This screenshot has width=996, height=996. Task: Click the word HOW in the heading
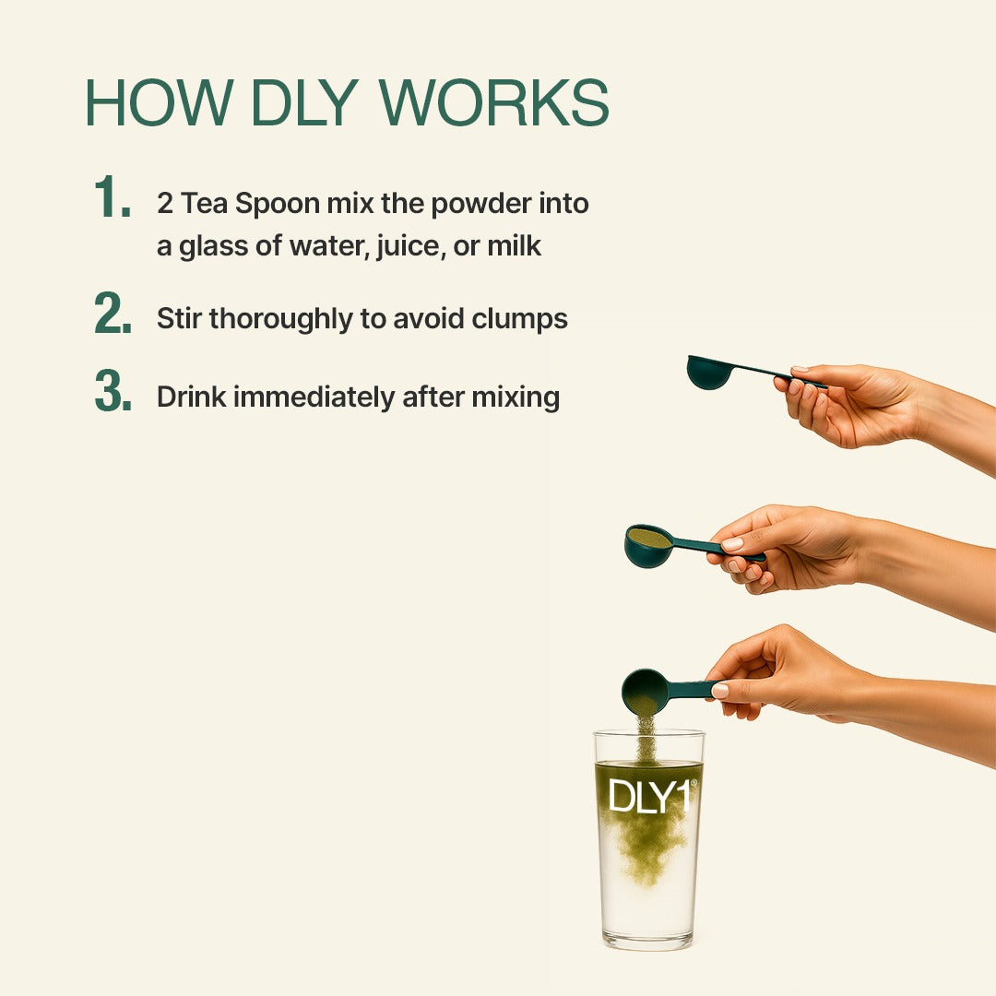pyautogui.click(x=159, y=102)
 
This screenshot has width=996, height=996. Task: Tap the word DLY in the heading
pyautogui.click(x=305, y=102)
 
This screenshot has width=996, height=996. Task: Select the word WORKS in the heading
pyautogui.click(x=494, y=102)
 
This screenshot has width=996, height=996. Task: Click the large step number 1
pyautogui.click(x=112, y=197)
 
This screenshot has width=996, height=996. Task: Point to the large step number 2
pyautogui.click(x=113, y=313)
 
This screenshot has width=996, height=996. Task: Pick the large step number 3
pyautogui.click(x=113, y=391)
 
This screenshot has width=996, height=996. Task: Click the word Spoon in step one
pyautogui.click(x=277, y=205)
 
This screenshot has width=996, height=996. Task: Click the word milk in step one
pyautogui.click(x=514, y=246)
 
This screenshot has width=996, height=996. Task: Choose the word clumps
pyautogui.click(x=519, y=319)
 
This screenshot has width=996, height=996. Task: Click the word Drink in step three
pyautogui.click(x=191, y=397)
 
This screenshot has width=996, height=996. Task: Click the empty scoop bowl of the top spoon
pyautogui.click(x=709, y=373)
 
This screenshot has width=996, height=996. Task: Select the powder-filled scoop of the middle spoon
pyautogui.click(x=648, y=544)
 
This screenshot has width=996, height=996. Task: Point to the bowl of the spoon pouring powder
pyautogui.click(x=645, y=691)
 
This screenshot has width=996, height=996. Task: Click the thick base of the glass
pyautogui.click(x=648, y=940)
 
